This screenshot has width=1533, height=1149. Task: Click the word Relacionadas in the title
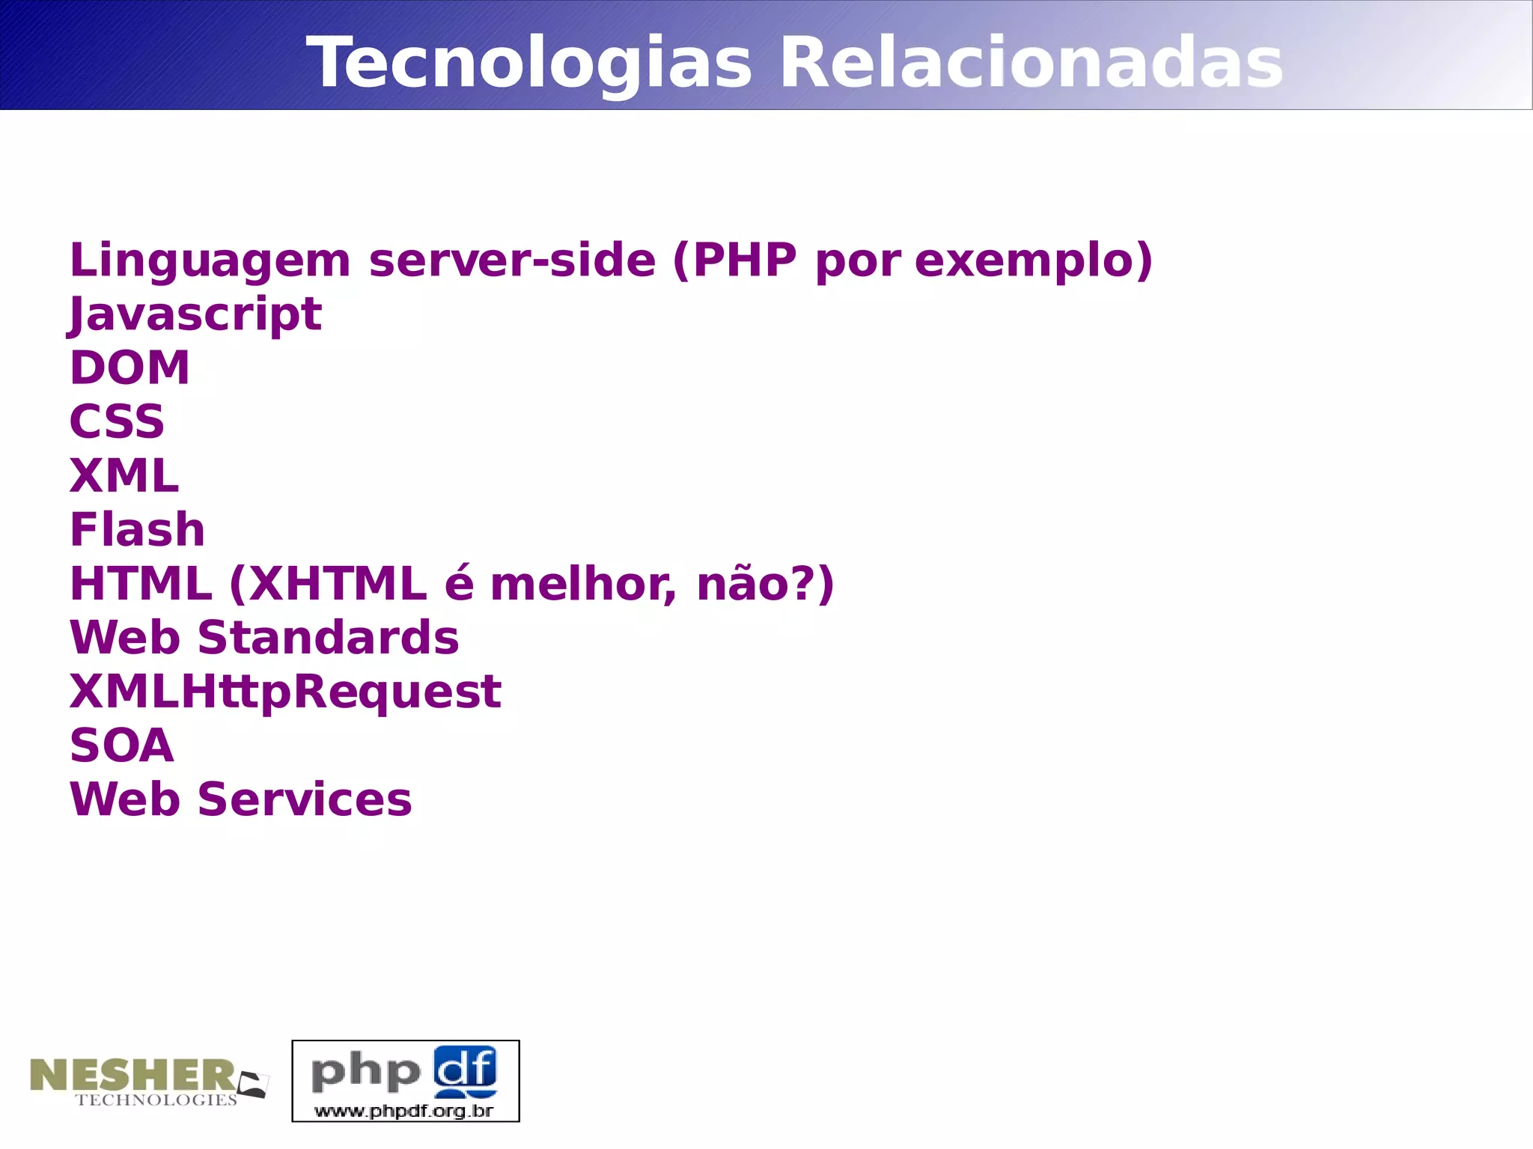click(x=1031, y=63)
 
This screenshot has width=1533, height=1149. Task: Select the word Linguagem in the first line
click(x=210, y=260)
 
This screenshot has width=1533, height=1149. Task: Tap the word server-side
click(x=512, y=260)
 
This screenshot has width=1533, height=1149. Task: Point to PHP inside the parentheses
click(x=745, y=260)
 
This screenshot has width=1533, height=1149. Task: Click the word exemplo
click(x=1025, y=260)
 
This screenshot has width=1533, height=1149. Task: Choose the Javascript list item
click(x=195, y=314)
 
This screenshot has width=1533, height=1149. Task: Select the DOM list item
click(x=129, y=368)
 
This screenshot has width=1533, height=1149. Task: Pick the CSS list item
click(x=117, y=421)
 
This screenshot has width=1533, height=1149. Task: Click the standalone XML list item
click(x=124, y=475)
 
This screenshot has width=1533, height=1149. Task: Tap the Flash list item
click(x=137, y=530)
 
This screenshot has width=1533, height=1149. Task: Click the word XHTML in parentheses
click(x=337, y=584)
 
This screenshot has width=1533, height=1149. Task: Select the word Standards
click(x=328, y=638)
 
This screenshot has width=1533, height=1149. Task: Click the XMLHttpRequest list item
click(x=285, y=692)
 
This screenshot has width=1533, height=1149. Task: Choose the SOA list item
click(x=121, y=746)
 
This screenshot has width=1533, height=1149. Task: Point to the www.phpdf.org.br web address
click(x=404, y=1111)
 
